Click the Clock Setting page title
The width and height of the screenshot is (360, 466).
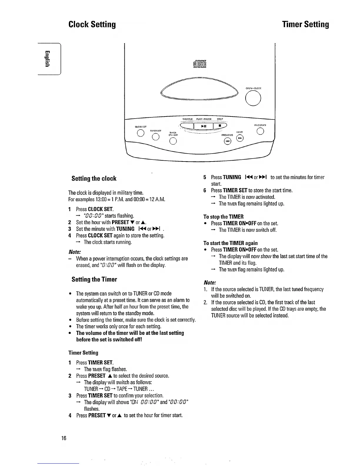coord(92,24)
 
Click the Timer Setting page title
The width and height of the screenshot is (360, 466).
coord(306,24)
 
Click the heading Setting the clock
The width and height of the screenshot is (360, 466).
coord(94,179)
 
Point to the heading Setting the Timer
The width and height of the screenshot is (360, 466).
coord(94,279)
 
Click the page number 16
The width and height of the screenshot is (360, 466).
coord(64,438)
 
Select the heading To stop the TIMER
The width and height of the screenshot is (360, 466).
coord(224,217)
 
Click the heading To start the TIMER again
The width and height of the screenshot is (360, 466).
coord(231,243)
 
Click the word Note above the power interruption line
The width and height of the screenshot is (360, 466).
coord(74,252)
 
